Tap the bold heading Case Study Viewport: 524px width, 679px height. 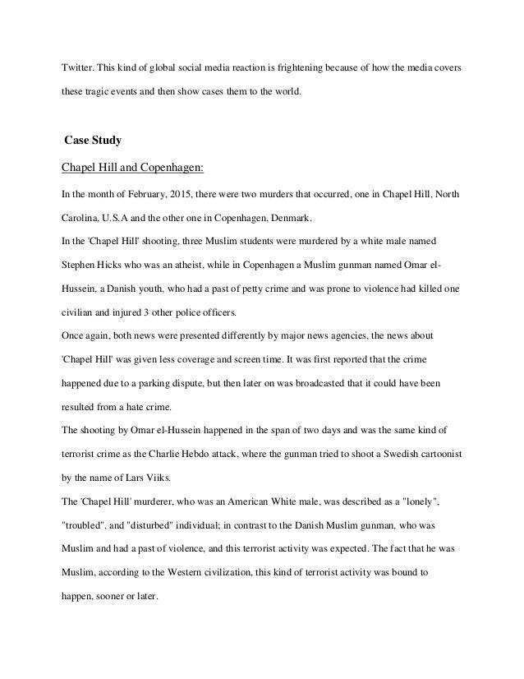[x=92, y=141]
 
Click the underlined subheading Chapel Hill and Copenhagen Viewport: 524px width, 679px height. [x=133, y=169]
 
